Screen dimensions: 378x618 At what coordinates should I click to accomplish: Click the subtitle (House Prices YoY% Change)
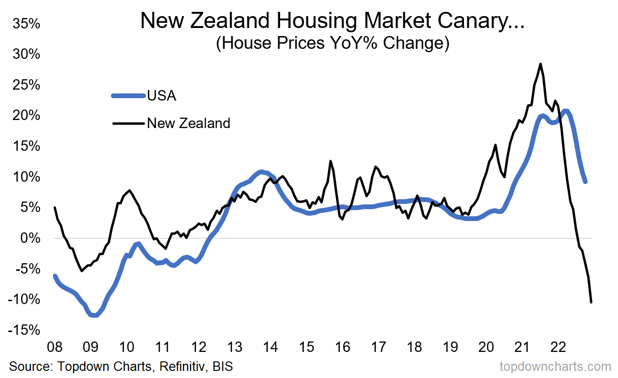click(332, 43)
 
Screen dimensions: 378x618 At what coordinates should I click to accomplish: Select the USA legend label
click(162, 96)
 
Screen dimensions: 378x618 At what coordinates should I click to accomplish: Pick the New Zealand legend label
click(189, 123)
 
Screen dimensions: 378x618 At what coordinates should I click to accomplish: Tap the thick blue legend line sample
click(128, 96)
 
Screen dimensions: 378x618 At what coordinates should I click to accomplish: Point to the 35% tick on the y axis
click(27, 24)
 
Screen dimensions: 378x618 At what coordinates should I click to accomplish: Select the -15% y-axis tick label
click(24, 330)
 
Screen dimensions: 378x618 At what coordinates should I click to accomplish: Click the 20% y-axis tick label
click(27, 116)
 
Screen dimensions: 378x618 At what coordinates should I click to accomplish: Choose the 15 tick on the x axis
click(307, 347)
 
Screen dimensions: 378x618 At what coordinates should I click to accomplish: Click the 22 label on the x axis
click(558, 347)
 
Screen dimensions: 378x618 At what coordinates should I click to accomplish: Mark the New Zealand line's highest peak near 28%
click(540, 64)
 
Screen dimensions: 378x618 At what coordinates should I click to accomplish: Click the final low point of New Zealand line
click(591, 302)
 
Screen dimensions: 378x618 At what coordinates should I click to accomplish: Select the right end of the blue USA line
click(585, 181)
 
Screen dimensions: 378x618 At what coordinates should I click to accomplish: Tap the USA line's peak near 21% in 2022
click(565, 111)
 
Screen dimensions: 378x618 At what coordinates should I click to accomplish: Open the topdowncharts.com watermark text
click(555, 367)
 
